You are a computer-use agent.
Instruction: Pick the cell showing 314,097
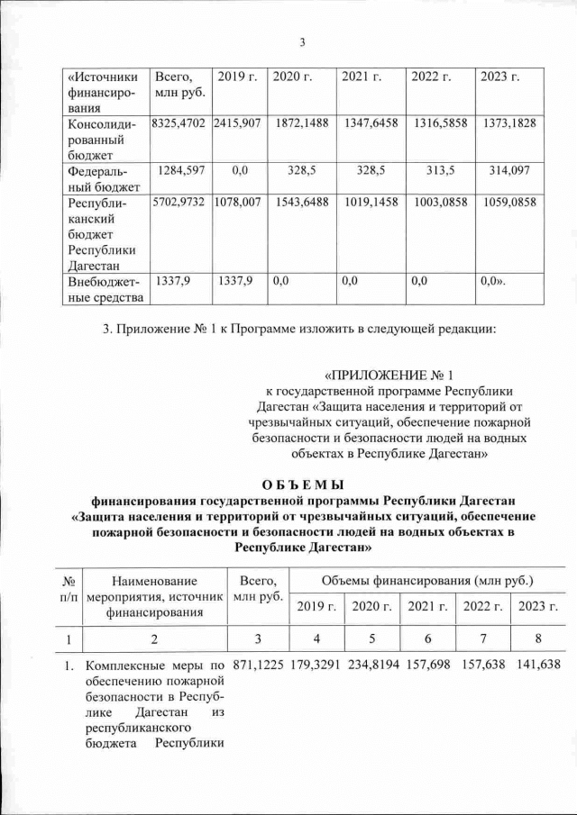pyautogui.click(x=508, y=170)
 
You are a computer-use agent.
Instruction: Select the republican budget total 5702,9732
pyautogui.click(x=180, y=204)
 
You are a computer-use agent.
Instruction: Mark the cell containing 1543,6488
pyautogui.click(x=302, y=204)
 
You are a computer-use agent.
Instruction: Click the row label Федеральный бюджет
pyautogui.click(x=102, y=178)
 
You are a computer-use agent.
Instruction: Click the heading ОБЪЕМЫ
pyautogui.click(x=303, y=478)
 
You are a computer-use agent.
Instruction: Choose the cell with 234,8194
pyautogui.click(x=372, y=666)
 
